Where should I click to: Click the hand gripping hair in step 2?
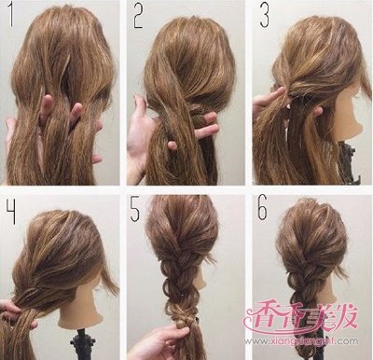click(149, 126)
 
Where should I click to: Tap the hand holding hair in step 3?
click(268, 98)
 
